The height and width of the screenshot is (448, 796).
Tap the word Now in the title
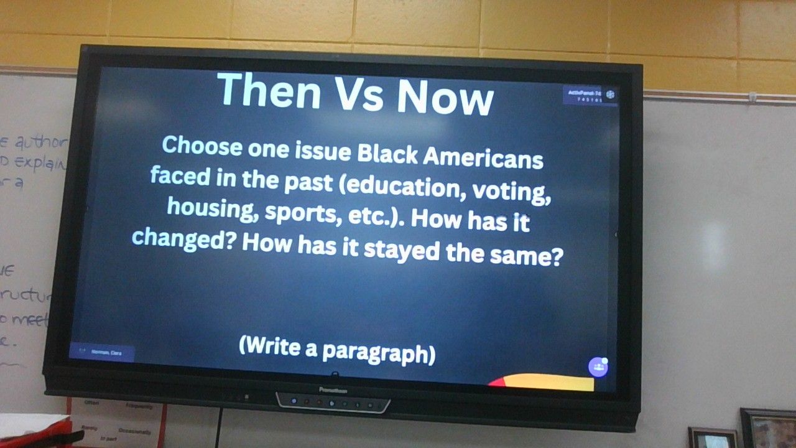(x=445, y=98)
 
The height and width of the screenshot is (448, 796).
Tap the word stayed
(x=398, y=249)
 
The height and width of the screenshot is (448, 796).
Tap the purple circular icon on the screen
(x=598, y=366)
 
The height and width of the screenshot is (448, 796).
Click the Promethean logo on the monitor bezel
(x=333, y=390)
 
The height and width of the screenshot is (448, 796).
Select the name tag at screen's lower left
(x=103, y=352)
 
